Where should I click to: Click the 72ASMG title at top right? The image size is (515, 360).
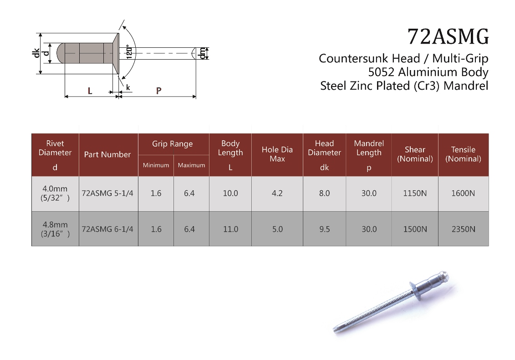448,36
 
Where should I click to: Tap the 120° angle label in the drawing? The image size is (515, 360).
129,52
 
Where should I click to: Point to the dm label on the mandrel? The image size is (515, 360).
203,53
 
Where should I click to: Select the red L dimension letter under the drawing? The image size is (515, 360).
90,91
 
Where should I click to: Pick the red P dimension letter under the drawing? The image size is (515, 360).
158,91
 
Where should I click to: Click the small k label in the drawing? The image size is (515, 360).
128,87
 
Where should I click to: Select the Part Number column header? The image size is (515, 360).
107,155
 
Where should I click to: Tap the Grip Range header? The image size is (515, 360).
173,144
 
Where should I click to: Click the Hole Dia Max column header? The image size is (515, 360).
277,154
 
